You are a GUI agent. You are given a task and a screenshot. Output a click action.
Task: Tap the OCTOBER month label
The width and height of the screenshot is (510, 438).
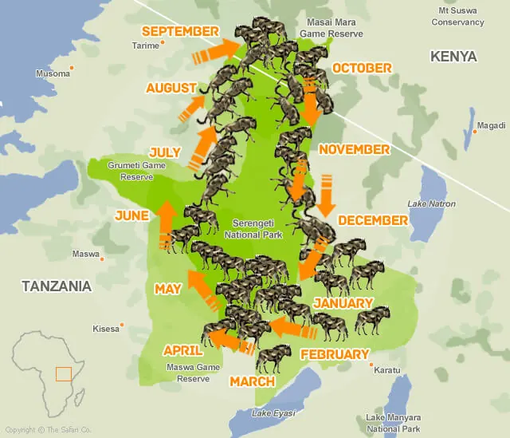tap(362, 68)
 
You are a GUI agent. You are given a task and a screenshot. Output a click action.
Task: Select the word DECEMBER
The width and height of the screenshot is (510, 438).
tap(373, 219)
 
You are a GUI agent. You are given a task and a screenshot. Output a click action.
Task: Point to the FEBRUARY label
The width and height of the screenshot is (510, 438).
tap(334, 354)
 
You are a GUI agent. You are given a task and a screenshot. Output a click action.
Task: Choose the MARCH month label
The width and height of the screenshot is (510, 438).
tap(252, 381)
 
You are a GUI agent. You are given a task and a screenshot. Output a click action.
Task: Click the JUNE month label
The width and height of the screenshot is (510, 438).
tap(131, 215)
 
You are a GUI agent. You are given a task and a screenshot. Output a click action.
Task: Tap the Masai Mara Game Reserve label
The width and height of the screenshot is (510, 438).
tap(331, 29)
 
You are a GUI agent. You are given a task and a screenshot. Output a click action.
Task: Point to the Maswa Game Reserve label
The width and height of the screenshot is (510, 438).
tap(188, 373)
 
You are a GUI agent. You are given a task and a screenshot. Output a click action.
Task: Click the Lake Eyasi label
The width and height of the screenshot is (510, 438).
tap(273, 412)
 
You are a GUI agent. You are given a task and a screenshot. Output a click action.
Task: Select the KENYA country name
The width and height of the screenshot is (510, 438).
tap(453, 57)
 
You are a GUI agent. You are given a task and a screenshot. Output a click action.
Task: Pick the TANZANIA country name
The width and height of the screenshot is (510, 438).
tap(57, 286)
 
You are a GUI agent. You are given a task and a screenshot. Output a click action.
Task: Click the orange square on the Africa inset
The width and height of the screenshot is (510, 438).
tap(63, 374)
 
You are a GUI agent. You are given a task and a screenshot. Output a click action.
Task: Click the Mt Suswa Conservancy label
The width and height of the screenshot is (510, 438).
tap(457, 17)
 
